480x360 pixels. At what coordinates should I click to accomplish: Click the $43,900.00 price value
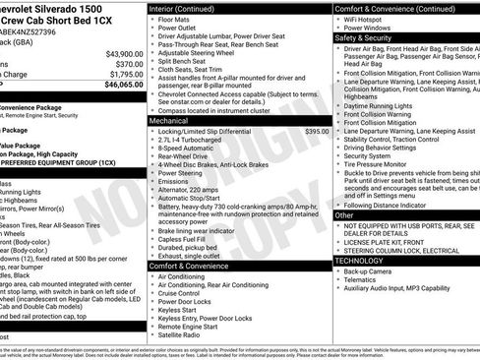pos(124,53)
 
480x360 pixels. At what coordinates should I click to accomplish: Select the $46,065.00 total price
pos(124,86)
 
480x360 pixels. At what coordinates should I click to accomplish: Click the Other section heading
pos(344,214)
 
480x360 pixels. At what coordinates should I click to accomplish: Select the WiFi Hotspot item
pos(368,19)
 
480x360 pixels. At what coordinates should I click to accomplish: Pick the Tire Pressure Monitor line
pos(382,165)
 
